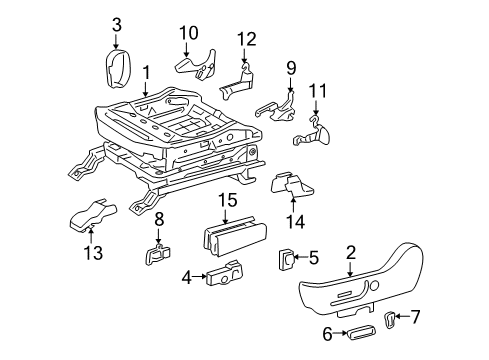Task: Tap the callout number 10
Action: tap(189, 33)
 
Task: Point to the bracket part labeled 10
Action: tap(194, 66)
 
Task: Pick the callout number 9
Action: tap(292, 68)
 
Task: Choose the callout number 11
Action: tap(321, 92)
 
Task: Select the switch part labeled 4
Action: tap(224, 273)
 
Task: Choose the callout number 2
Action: tap(351, 253)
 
